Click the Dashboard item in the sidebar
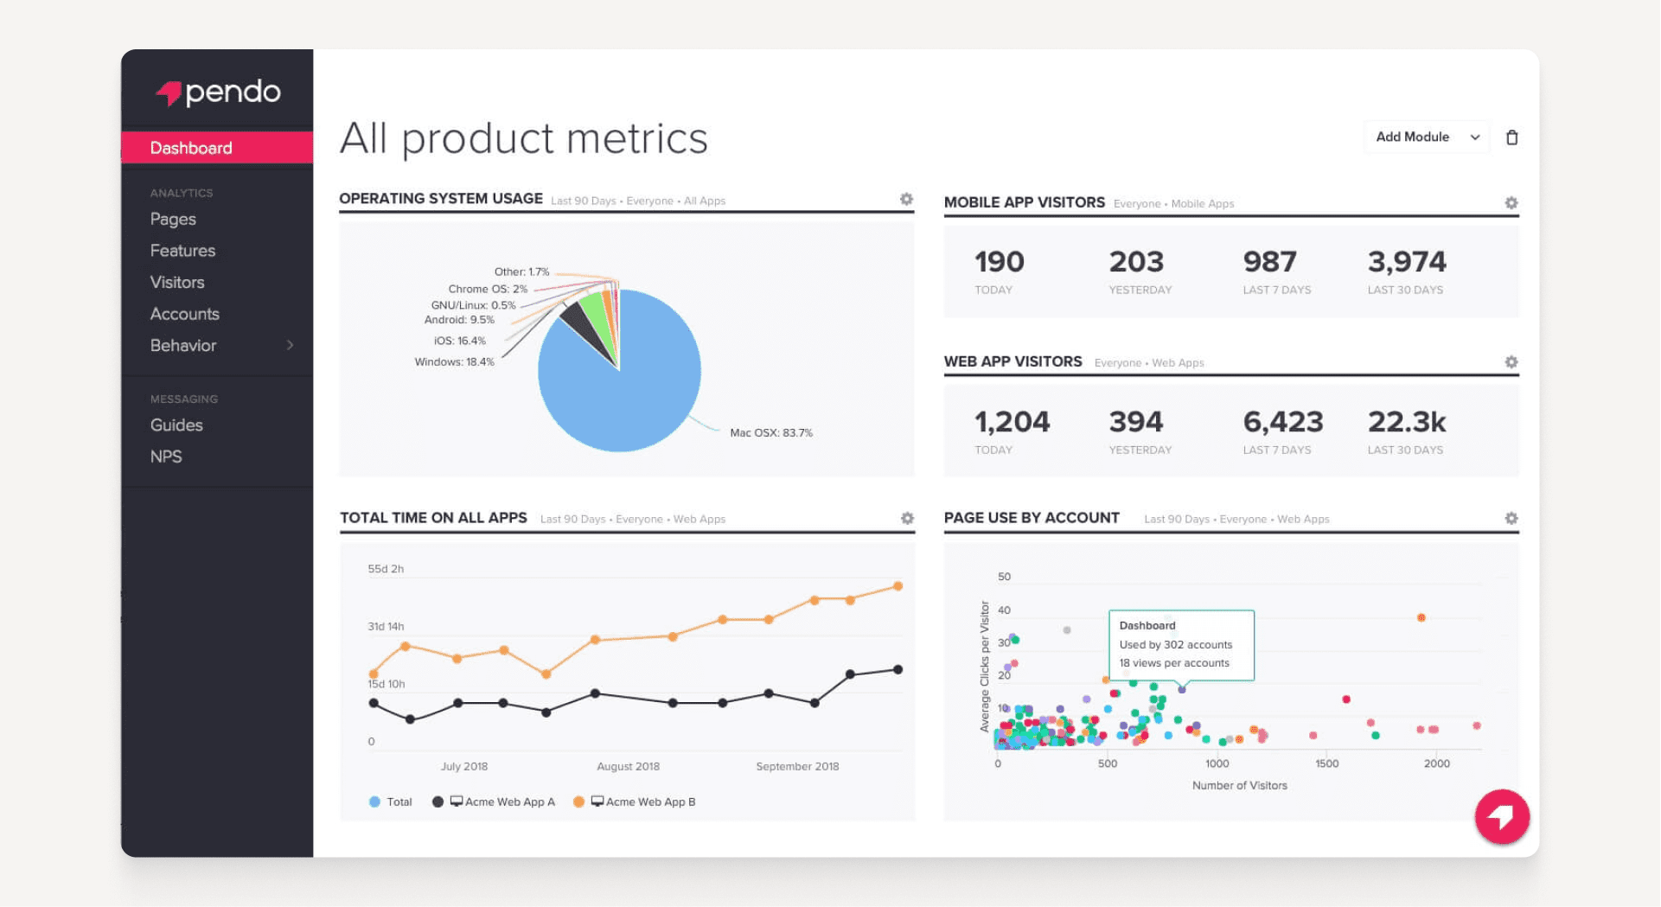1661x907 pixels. point(191,148)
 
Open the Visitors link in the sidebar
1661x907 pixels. point(177,283)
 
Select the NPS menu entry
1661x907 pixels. point(166,457)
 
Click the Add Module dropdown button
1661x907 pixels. point(1426,137)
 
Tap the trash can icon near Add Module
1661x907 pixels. point(1511,137)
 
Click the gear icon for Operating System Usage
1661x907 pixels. point(906,200)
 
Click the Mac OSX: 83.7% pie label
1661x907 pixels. point(770,433)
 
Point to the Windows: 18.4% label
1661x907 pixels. point(454,362)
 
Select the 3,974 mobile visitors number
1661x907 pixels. point(1406,262)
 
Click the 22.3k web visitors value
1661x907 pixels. point(1406,422)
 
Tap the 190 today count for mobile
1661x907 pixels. point(999,262)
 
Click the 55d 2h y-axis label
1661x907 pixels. point(386,569)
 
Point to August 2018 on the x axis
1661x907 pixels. point(628,767)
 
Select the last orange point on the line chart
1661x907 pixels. point(898,586)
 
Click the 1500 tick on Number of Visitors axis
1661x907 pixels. point(1326,763)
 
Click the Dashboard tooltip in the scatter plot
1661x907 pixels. point(1180,645)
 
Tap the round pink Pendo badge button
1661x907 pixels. point(1501,816)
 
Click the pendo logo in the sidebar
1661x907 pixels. point(218,92)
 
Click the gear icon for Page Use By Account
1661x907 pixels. point(1511,519)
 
